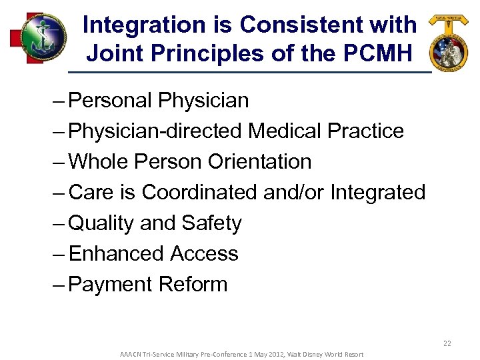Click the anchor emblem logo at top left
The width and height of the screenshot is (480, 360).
click(38, 38)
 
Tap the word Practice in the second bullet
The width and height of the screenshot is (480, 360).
click(365, 131)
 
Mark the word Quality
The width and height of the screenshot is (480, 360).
click(102, 223)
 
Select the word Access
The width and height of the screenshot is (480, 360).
click(205, 254)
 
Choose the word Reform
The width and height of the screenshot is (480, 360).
click(193, 285)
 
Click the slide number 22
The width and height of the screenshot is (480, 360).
click(447, 343)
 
